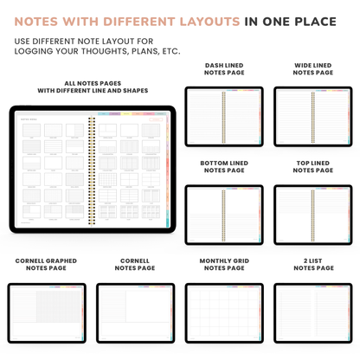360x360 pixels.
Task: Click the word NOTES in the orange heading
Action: tap(41, 20)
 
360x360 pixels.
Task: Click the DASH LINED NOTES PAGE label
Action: tap(224, 69)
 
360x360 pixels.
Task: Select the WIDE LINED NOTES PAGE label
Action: tap(312, 69)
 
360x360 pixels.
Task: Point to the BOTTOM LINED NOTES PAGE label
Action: tap(224, 167)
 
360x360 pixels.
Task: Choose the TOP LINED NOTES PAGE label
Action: tap(312, 167)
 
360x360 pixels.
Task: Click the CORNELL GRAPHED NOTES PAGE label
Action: tap(46, 264)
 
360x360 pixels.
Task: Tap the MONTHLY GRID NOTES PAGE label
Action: tap(224, 264)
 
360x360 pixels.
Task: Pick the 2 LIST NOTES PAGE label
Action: tap(312, 264)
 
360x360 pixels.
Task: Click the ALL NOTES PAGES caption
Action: tap(93, 87)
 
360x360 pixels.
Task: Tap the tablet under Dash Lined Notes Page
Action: tap(224, 116)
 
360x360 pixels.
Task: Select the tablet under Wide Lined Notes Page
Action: tap(312, 116)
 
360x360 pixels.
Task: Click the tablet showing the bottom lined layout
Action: tap(224, 214)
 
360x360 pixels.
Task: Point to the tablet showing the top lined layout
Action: tap(312, 214)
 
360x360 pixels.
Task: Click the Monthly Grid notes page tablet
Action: tap(224, 312)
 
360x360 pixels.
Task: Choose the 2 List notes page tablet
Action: tap(312, 312)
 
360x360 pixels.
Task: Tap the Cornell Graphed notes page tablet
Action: tap(47, 312)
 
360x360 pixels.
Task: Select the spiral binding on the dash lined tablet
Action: tap(224, 116)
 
